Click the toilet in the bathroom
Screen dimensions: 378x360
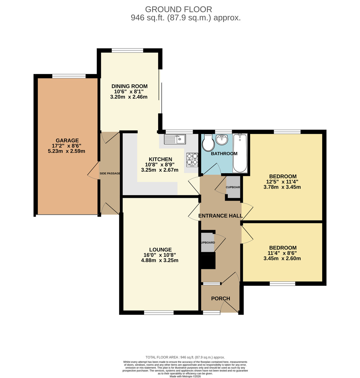coord(208,143)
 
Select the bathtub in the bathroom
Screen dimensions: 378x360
coord(240,153)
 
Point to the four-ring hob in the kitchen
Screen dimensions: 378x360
coord(192,159)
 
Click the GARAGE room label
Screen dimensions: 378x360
coord(67,140)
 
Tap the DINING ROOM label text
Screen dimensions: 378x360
coord(129,86)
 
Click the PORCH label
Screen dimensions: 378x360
coord(220,299)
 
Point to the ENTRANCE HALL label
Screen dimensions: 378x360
coord(220,216)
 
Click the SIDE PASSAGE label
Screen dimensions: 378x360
coord(110,174)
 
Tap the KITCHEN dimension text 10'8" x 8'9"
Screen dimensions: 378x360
coord(159,164)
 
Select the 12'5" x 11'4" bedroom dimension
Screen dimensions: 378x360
coord(282,181)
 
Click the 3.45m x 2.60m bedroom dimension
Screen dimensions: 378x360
coord(282,259)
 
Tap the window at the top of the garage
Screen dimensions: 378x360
coord(69,76)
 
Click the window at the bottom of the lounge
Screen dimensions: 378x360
coord(159,312)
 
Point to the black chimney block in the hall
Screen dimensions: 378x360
coord(208,261)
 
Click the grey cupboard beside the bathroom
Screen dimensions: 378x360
coord(233,187)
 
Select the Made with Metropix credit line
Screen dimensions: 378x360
coord(185,376)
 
